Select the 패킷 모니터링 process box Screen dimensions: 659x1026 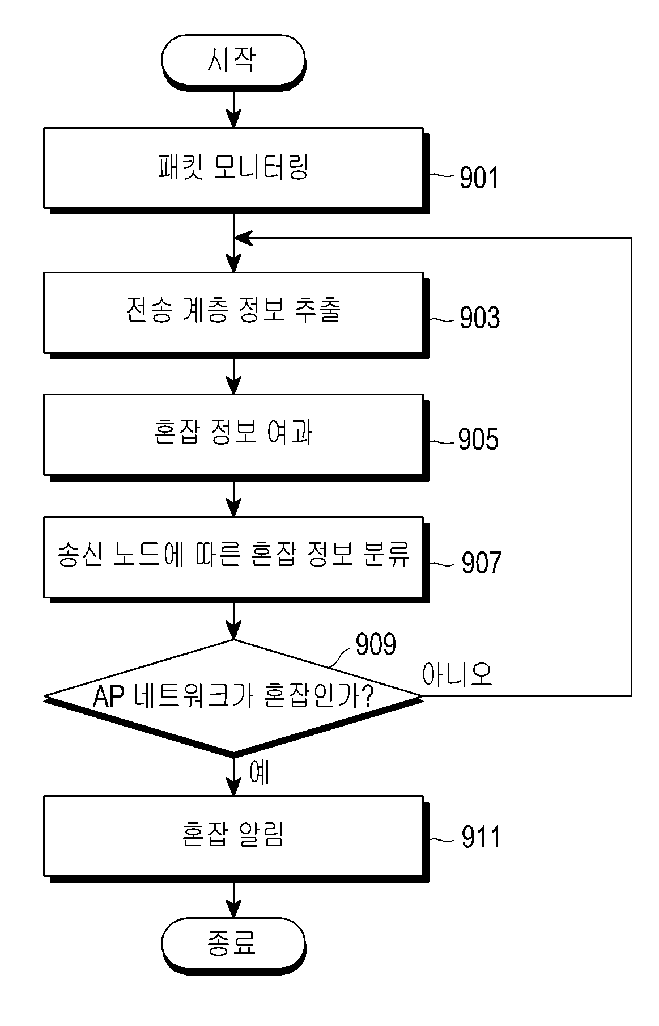click(233, 168)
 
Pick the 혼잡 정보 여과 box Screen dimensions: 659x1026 click(233, 434)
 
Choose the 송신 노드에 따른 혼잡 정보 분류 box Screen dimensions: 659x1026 click(233, 557)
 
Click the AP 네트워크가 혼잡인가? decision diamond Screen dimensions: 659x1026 click(233, 696)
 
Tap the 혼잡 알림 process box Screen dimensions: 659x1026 click(233, 835)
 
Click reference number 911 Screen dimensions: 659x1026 click(481, 838)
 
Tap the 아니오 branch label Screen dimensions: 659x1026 click(457, 674)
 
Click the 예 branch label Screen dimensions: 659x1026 click(259, 772)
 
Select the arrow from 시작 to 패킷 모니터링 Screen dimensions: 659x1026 click(233, 108)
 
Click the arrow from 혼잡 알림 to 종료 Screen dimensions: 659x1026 click(233, 900)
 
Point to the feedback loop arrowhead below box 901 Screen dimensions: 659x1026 click(243, 238)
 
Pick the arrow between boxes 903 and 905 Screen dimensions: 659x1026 click(233, 377)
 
